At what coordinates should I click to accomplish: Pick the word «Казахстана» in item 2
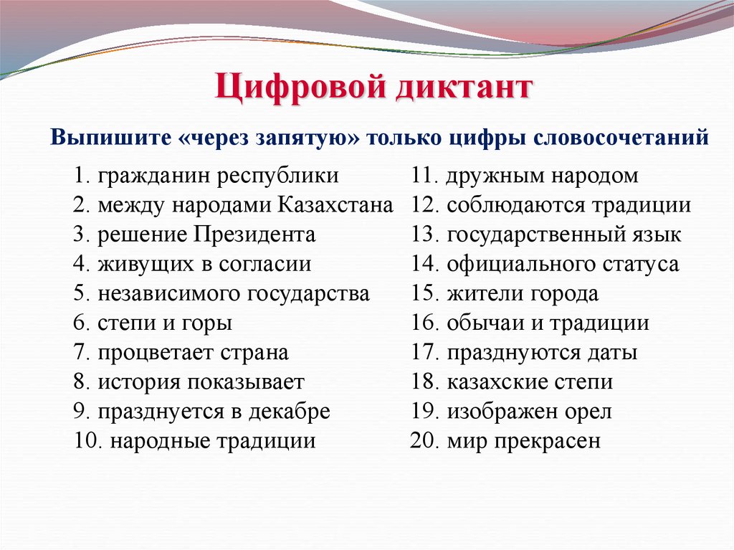coord(334,206)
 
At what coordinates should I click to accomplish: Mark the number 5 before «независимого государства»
coord(79,294)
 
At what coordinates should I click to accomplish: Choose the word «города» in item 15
coord(564,294)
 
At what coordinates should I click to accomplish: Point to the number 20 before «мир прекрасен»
coord(424,441)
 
